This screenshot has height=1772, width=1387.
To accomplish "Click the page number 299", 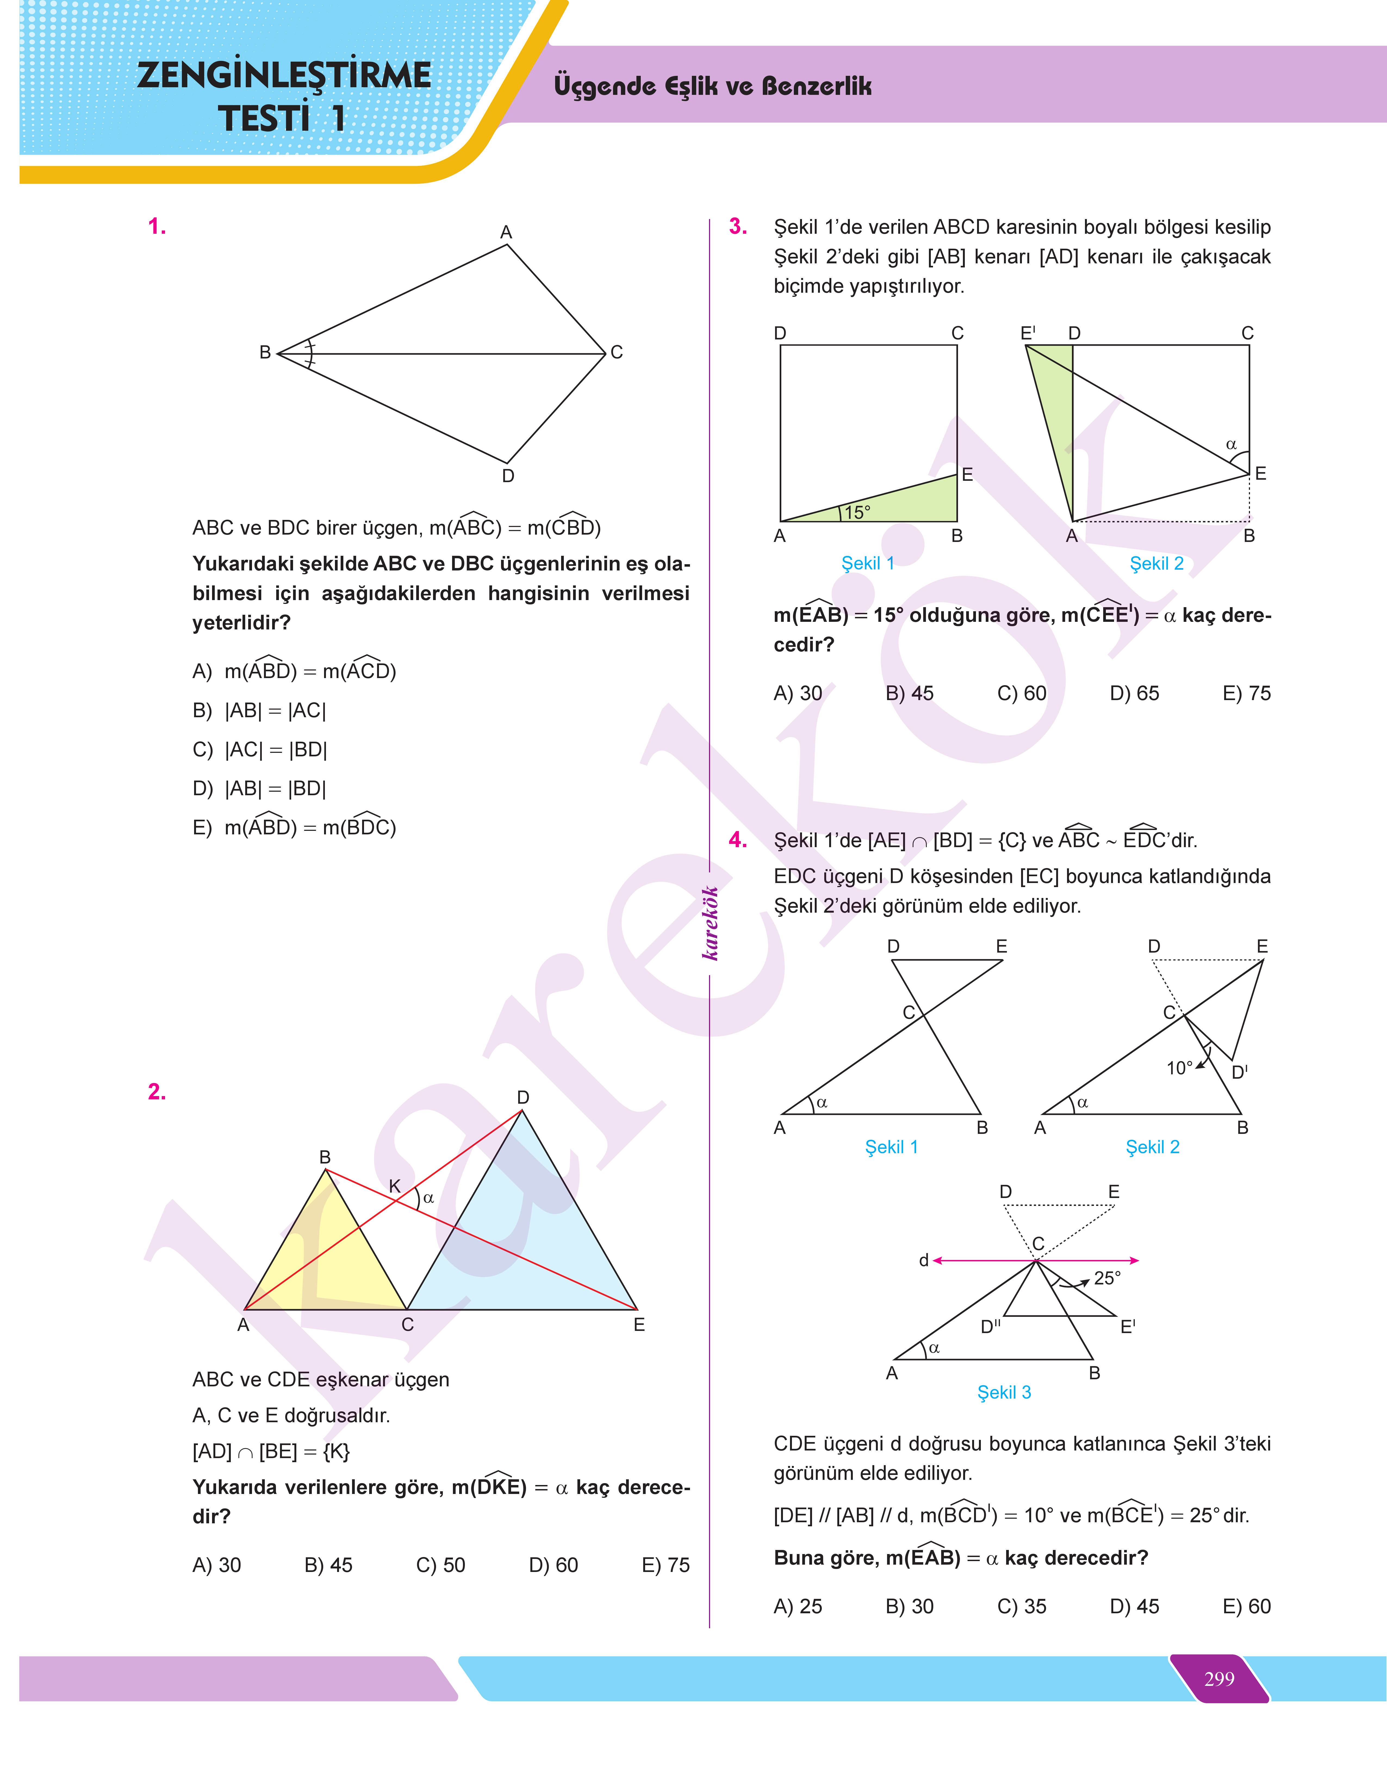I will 1219,1679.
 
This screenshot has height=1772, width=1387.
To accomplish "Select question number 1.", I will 157,226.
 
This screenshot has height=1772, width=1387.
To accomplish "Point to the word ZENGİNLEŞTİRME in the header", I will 284,76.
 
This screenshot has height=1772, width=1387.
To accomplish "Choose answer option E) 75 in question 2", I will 665,1565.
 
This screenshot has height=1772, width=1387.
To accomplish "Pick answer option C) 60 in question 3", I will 1022,693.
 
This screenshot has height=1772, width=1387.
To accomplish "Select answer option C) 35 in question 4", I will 1022,1606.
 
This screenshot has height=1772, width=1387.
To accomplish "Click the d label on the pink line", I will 923,1261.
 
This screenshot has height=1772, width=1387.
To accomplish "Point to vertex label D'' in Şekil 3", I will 990,1326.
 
